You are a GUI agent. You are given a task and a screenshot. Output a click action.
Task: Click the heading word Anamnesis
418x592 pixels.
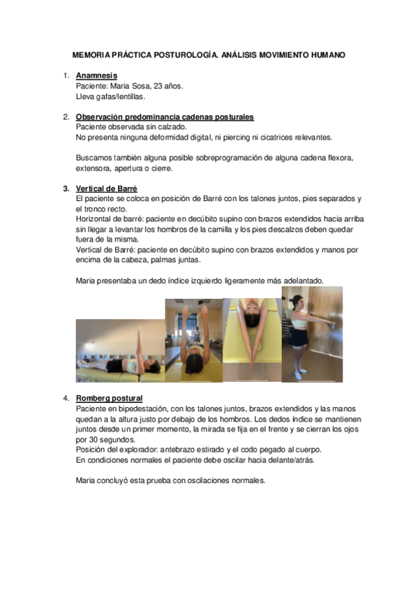[x=96, y=75]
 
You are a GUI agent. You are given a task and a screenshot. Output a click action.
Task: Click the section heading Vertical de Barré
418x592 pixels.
[x=106, y=188]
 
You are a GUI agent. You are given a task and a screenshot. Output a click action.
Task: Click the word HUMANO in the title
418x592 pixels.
[x=324, y=54]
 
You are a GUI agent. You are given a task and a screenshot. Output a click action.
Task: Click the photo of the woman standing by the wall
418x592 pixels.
[x=313, y=333]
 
